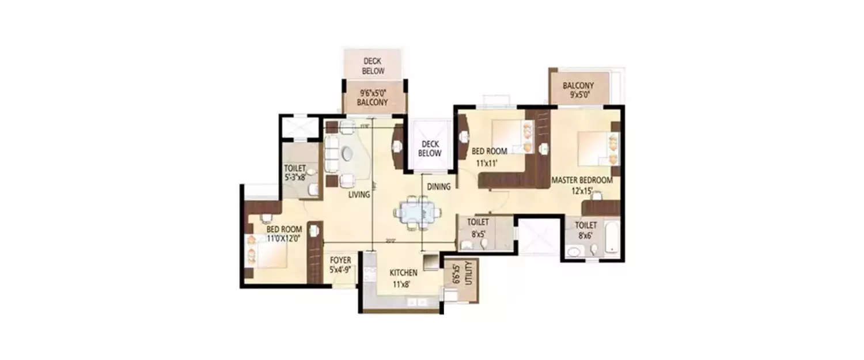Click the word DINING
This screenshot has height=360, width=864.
click(439, 186)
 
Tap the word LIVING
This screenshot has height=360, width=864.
click(359, 195)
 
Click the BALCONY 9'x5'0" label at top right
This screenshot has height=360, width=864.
click(578, 91)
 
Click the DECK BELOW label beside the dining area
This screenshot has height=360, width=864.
click(430, 149)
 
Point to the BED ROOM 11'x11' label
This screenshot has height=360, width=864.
click(489, 157)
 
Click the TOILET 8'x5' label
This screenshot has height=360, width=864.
click(479, 227)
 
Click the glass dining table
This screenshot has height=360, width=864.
click(417, 213)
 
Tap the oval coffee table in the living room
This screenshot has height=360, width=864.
click(348, 154)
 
